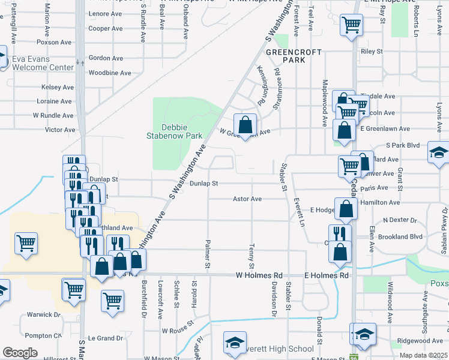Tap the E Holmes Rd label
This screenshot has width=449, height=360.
pos(327,275)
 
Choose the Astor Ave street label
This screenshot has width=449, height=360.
pos(247,199)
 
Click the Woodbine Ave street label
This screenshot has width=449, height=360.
pos(110,73)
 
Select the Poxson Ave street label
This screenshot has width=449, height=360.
pos(54,43)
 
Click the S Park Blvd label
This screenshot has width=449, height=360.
pos(403,145)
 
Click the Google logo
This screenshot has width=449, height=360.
pos(20,353)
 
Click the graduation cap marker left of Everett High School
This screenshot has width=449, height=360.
pos(235,341)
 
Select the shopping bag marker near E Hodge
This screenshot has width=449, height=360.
pos(346,209)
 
